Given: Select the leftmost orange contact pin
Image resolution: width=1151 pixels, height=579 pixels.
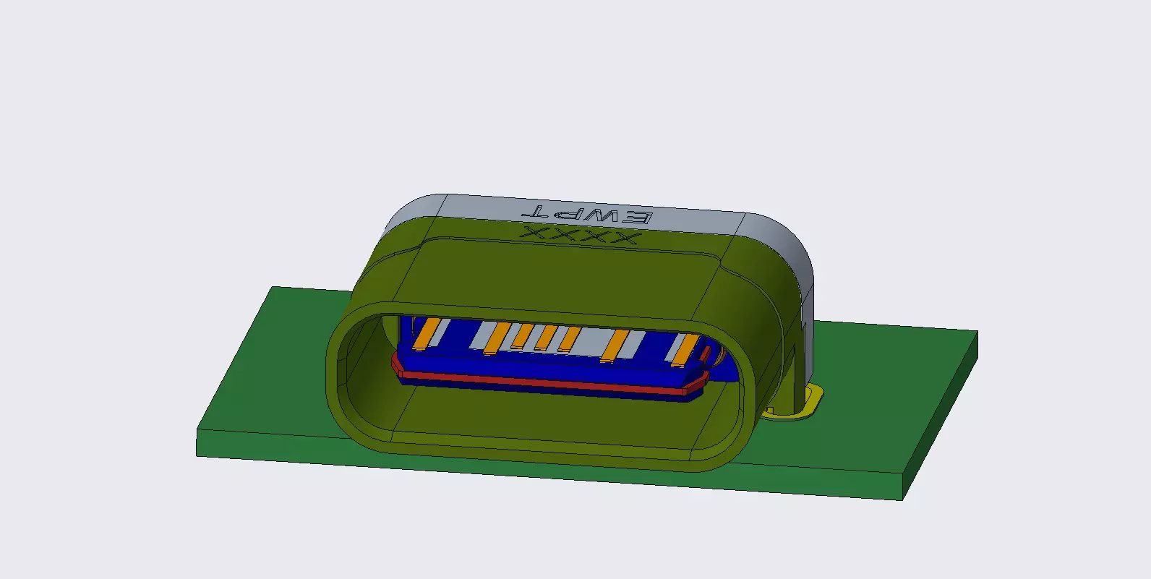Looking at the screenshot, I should tap(428, 333).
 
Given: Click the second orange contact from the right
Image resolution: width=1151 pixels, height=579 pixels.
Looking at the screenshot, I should tap(615, 345).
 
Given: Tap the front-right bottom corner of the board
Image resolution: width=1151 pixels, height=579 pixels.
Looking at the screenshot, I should tap(903, 499).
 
